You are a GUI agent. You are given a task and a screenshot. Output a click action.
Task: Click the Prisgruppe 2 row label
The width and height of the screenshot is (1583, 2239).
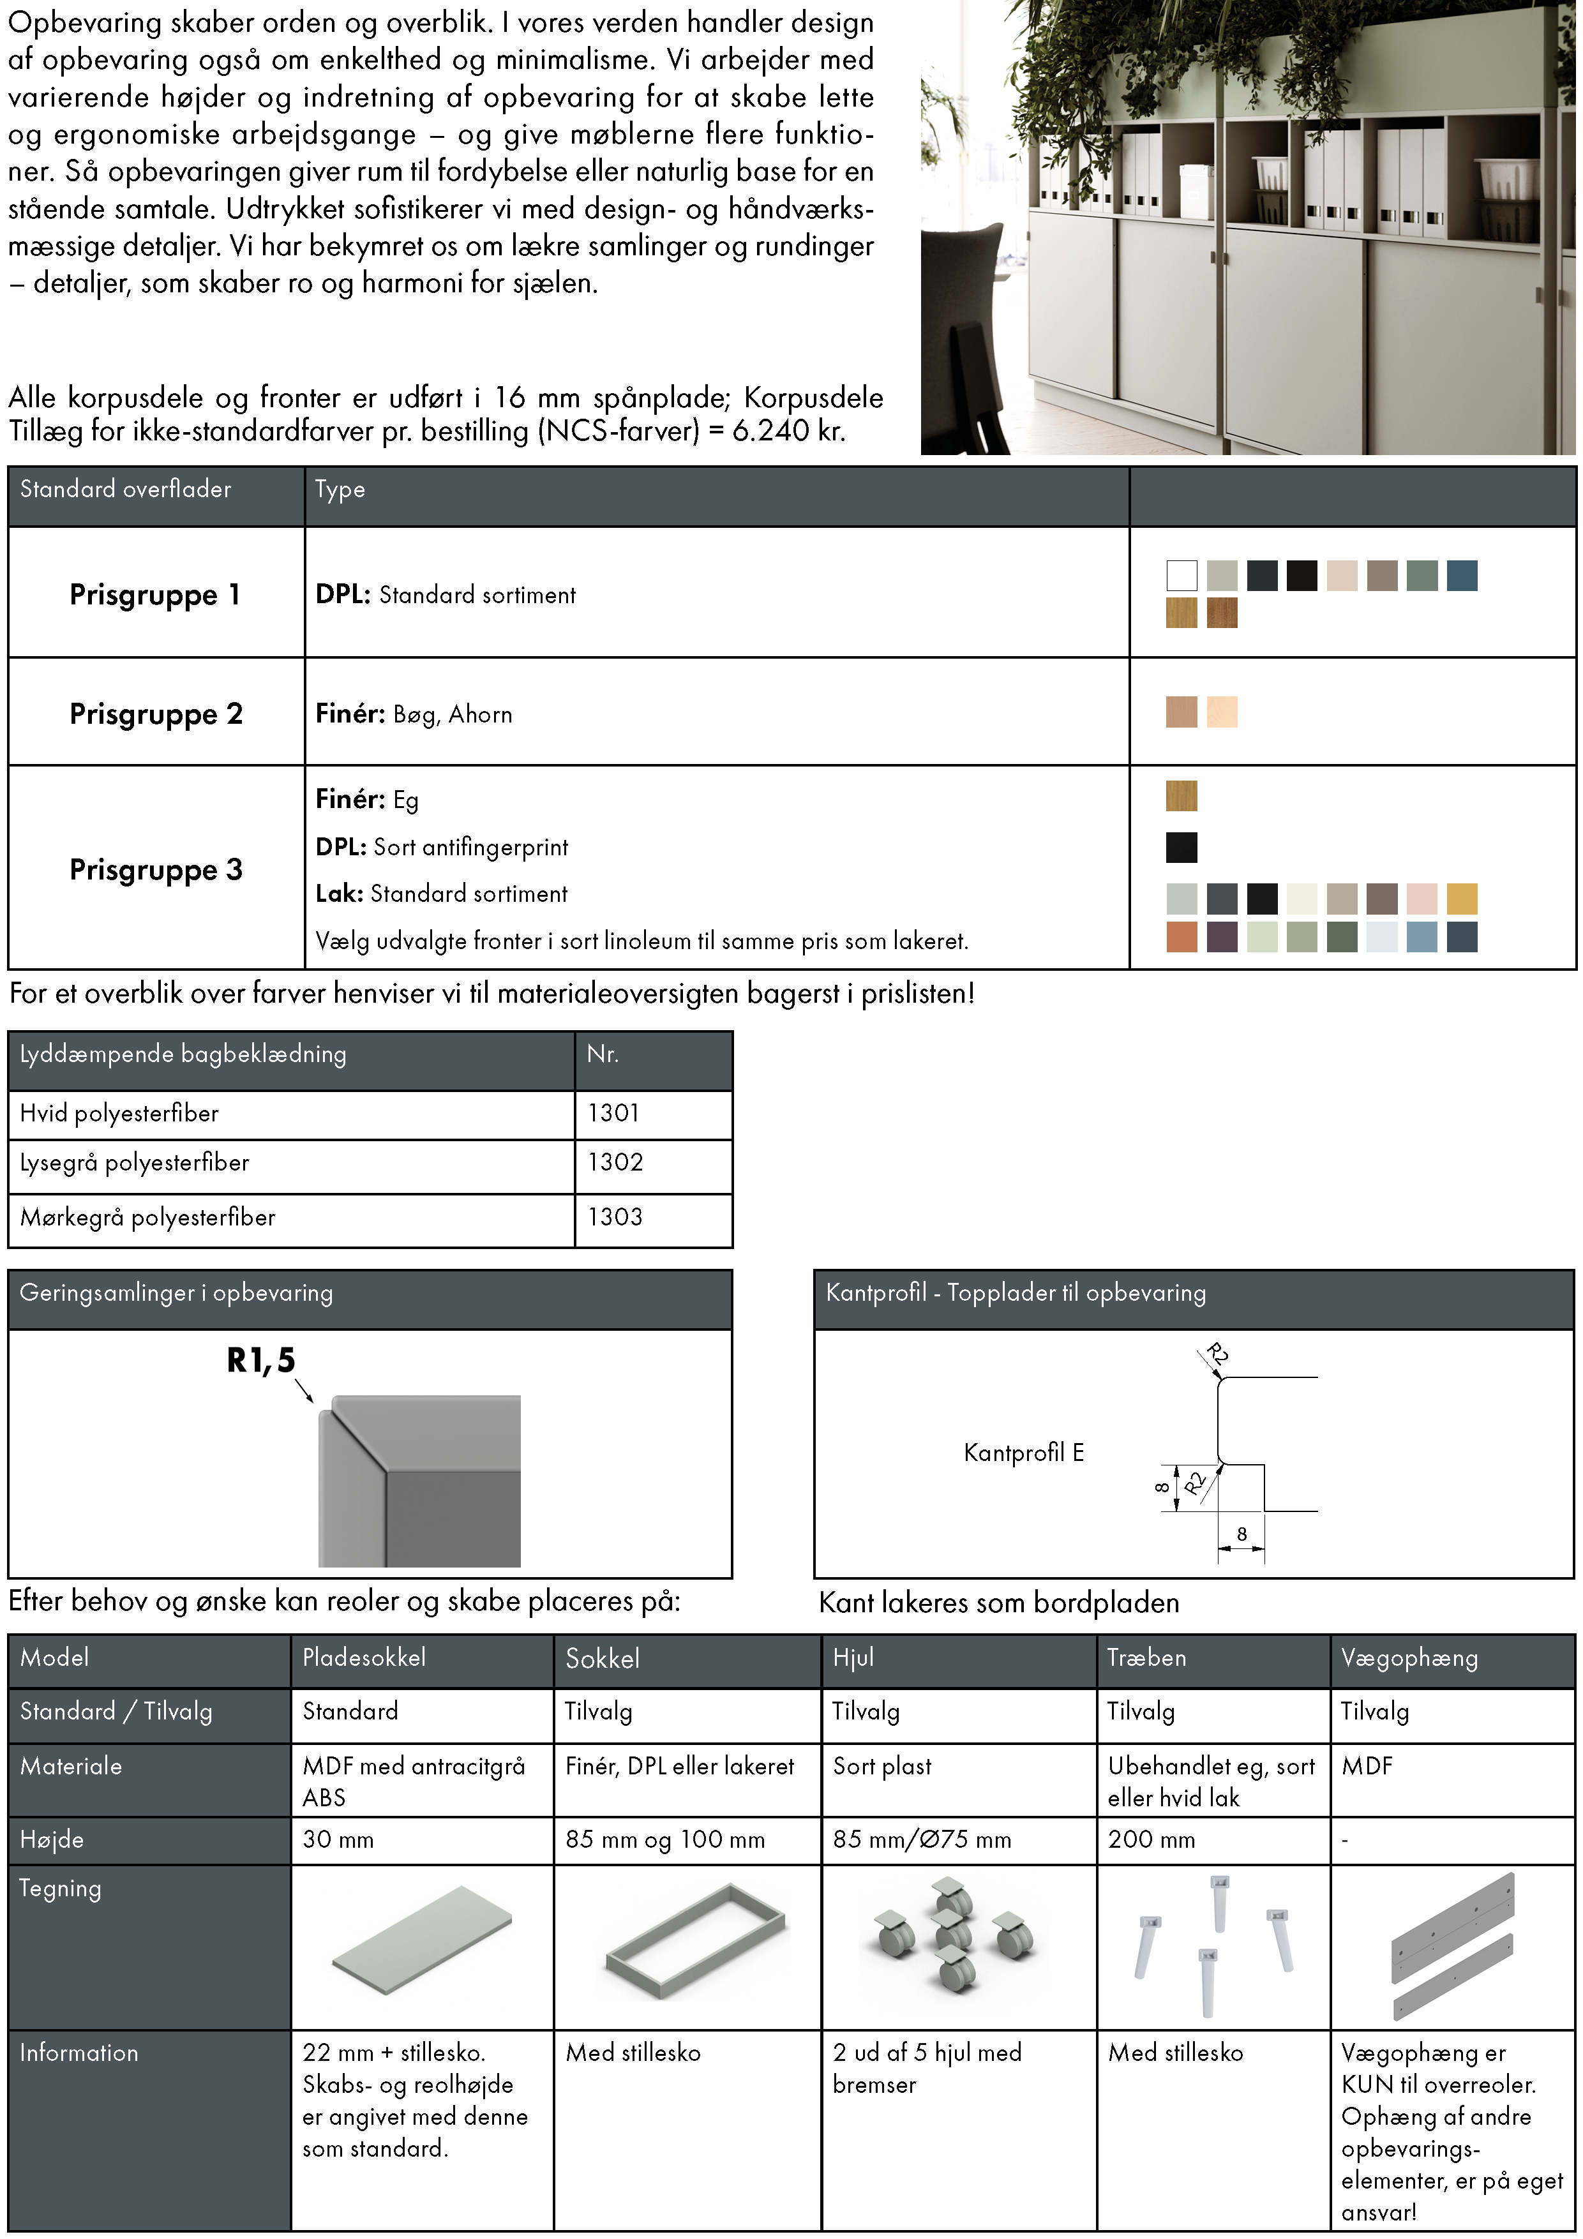pos(156,714)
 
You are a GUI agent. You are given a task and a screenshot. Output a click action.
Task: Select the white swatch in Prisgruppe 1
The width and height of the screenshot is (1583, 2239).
pos(1181,575)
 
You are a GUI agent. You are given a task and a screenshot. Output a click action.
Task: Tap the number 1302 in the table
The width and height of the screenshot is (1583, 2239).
pos(615,1162)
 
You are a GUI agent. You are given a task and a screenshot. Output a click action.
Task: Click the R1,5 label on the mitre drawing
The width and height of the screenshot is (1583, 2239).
pos(260,1360)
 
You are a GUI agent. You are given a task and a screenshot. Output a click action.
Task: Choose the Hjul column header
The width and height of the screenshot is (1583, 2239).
pos(853,1658)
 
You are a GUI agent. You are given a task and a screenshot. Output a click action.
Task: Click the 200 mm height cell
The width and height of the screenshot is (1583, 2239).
pos(1151,1840)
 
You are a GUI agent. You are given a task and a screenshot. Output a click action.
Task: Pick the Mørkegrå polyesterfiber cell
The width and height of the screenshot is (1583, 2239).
pos(148,1217)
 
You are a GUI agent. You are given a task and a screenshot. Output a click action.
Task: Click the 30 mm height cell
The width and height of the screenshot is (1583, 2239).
pos(338,1840)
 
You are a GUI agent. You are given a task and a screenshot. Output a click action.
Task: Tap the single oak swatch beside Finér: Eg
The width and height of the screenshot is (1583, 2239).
pos(1181,796)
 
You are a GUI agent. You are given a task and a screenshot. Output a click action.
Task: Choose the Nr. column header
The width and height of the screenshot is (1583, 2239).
pos(602,1054)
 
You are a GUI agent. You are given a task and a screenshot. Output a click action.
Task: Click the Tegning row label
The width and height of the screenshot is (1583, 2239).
pos(61,1889)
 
